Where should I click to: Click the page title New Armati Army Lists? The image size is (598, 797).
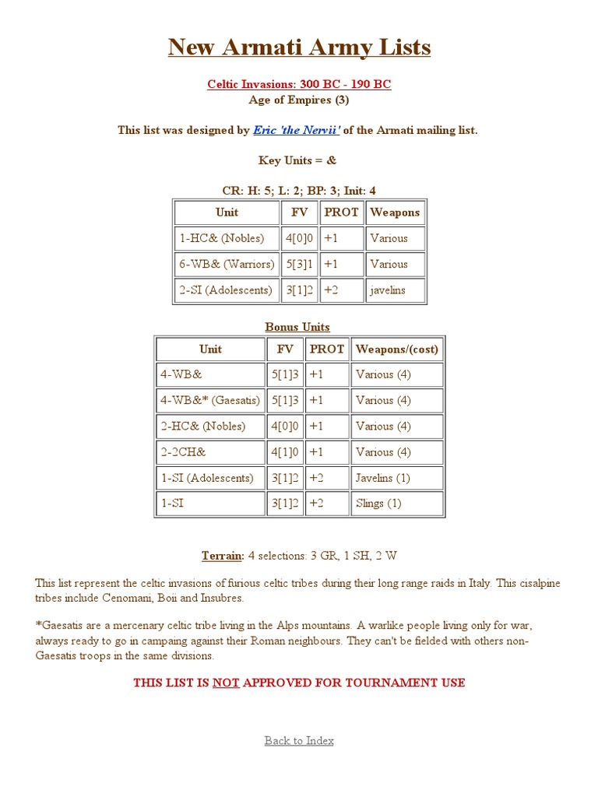[299, 47]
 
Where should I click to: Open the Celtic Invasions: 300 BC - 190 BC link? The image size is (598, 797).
[299, 84]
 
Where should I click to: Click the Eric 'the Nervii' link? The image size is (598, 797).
[297, 130]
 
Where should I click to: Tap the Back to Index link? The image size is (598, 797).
[299, 740]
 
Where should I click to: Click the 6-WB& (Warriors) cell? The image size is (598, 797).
[227, 264]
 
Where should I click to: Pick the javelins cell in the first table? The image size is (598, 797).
[396, 290]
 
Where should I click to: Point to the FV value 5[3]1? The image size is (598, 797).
[300, 264]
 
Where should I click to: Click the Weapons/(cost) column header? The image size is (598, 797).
[397, 349]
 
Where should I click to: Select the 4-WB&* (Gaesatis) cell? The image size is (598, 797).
[210, 400]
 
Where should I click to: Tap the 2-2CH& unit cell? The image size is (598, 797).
[210, 451]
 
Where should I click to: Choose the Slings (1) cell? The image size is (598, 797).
[397, 503]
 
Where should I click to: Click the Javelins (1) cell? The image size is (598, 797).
[397, 477]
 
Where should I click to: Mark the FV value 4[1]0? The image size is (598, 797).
[285, 451]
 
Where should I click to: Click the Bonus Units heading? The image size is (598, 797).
[297, 327]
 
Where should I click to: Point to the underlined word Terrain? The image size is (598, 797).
[223, 556]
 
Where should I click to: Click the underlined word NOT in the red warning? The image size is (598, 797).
[226, 683]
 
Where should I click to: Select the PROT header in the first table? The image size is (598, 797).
[341, 212]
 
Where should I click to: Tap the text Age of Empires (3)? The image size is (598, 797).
[299, 100]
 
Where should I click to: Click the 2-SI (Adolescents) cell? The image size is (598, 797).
[227, 290]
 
